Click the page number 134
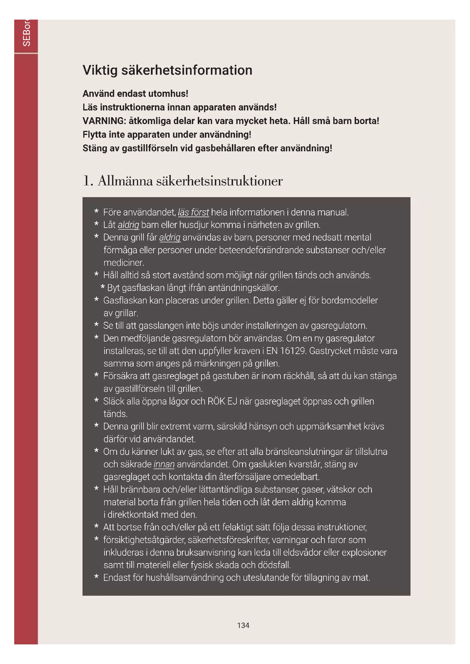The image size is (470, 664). [x=243, y=625]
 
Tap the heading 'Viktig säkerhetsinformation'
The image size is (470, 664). [x=167, y=70]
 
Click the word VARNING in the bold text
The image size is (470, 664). [x=104, y=121]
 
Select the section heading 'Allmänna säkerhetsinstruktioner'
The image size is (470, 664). [x=190, y=181]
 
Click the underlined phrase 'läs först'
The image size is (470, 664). [x=193, y=212]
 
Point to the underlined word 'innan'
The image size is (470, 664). [x=164, y=464]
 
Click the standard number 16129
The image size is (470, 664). [x=293, y=351]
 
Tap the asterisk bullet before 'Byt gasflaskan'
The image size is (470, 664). [x=103, y=288]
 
